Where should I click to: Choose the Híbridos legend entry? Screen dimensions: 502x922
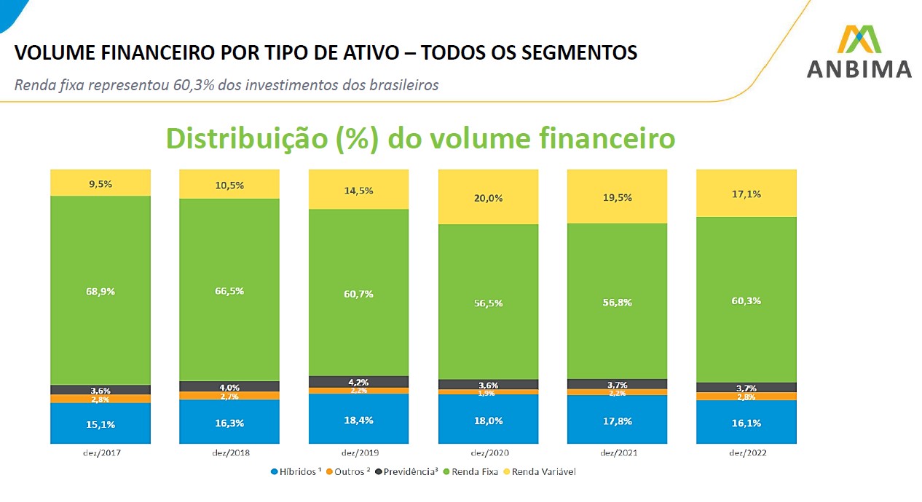(x=296, y=471)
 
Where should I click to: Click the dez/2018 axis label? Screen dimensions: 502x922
(x=229, y=453)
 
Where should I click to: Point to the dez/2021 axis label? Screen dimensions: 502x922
(x=618, y=453)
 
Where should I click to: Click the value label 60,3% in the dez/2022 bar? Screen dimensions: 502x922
(x=746, y=300)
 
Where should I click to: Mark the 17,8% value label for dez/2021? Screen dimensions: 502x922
(x=618, y=421)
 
